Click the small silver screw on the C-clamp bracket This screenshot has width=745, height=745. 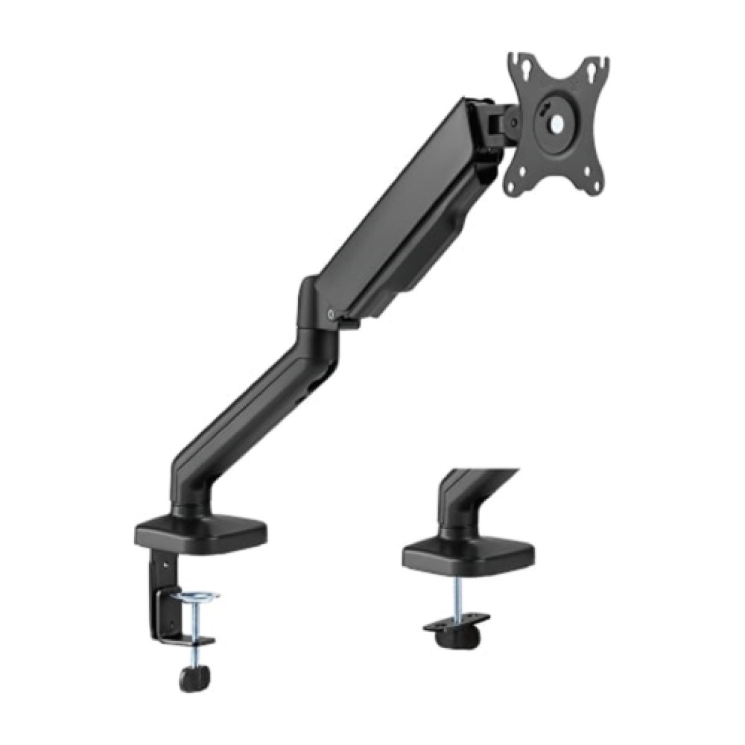pyautogui.click(x=165, y=564)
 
